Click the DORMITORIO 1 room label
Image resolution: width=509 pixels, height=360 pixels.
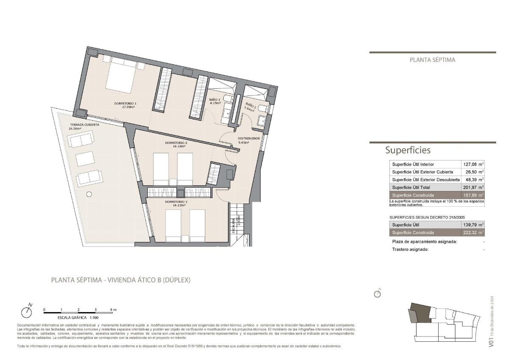(125, 104)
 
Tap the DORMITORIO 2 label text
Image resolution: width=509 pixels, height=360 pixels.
(176, 143)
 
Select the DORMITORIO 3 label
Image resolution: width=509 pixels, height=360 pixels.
(176, 202)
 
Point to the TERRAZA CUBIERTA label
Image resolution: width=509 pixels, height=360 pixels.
(85, 125)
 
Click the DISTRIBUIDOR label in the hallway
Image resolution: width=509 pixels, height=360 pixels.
(249, 138)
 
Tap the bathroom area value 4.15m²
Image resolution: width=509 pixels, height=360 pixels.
(215, 103)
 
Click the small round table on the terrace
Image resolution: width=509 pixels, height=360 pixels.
(89, 194)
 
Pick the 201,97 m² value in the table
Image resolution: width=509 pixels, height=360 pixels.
(473, 187)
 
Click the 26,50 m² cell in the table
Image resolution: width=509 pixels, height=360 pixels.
(473, 172)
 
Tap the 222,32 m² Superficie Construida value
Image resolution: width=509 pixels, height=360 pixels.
(473, 233)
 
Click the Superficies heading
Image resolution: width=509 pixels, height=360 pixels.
(408, 150)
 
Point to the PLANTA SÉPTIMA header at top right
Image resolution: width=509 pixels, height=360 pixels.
(432, 60)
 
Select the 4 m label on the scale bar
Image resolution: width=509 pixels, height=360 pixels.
(113, 310)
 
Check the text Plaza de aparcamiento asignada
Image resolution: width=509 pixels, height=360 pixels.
(424, 242)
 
